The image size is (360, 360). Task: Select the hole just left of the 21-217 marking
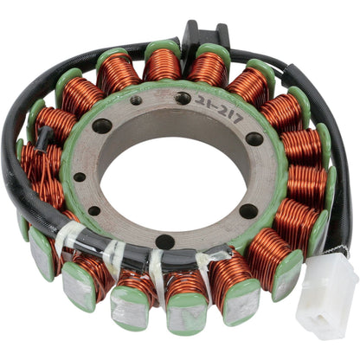(x=183, y=99)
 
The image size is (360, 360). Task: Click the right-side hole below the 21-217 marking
(x=254, y=138)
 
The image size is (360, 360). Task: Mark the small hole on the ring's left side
(x=80, y=177)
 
